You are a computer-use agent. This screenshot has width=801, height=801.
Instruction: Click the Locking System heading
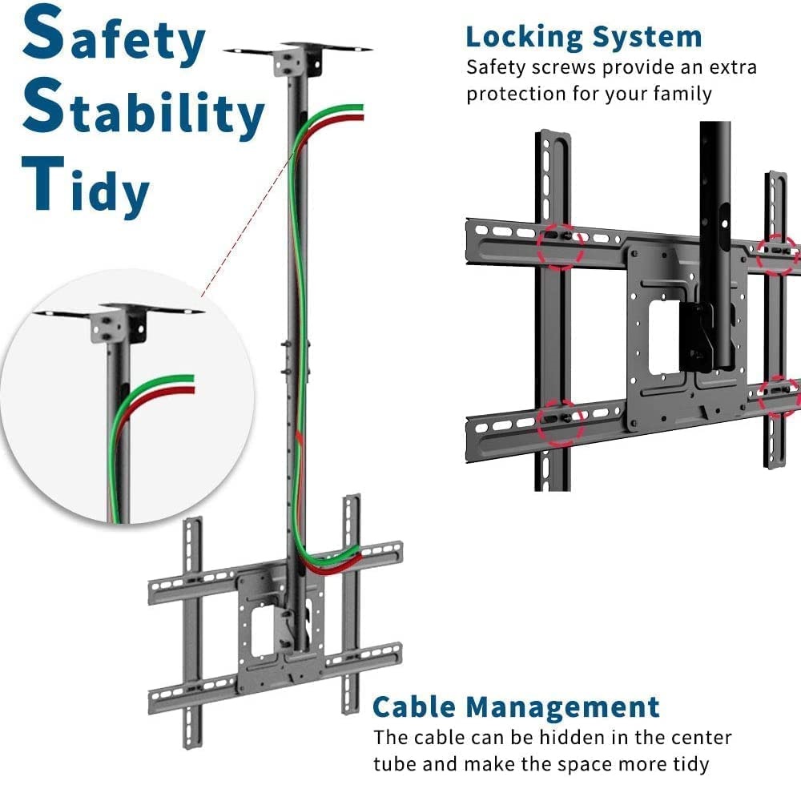584,37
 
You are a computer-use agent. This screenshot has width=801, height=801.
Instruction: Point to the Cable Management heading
517,707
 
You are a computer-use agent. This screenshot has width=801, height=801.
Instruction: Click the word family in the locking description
678,94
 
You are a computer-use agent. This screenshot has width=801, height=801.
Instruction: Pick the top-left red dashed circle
561,244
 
